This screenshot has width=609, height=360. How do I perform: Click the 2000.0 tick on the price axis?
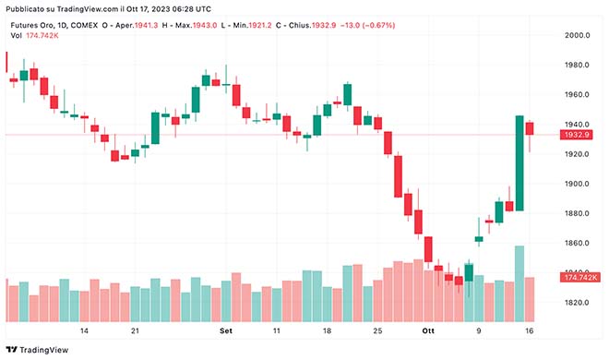point(577,35)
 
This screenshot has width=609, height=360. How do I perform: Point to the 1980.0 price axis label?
point(577,65)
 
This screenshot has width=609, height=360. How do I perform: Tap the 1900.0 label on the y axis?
point(577,184)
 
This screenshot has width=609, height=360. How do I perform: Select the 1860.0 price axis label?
point(577,243)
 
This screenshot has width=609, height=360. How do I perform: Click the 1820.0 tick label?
point(577,303)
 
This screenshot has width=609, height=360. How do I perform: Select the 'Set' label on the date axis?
point(226,330)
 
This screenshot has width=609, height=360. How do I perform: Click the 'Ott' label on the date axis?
point(427,330)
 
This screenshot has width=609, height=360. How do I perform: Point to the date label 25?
point(376,330)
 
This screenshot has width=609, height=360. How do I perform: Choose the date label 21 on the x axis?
point(135,330)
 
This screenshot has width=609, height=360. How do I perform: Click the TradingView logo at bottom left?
point(38,350)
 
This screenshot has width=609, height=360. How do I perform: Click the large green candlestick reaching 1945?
point(519,163)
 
